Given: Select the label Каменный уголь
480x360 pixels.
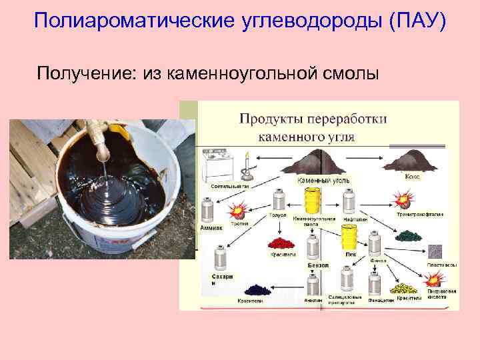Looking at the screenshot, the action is [x=323, y=180].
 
